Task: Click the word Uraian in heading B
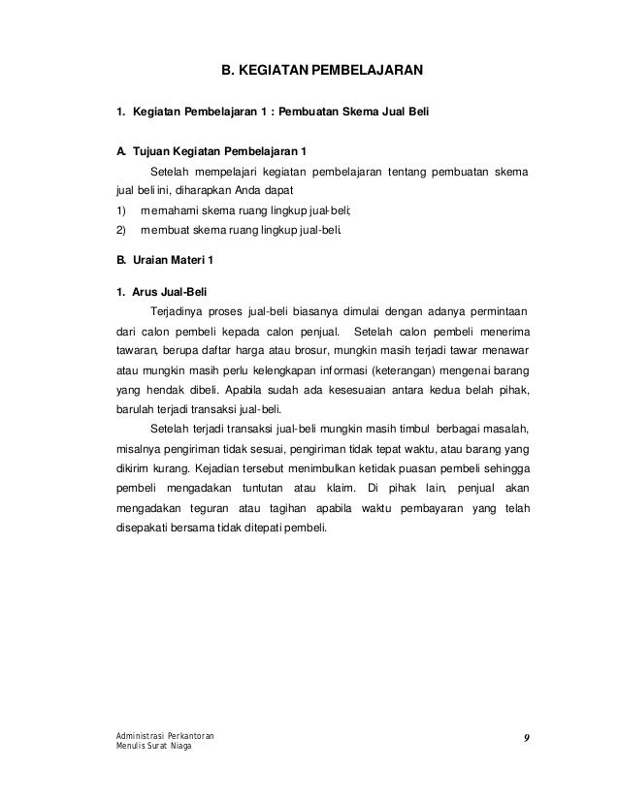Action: pos(151,259)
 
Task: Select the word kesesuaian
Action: pos(351,393)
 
